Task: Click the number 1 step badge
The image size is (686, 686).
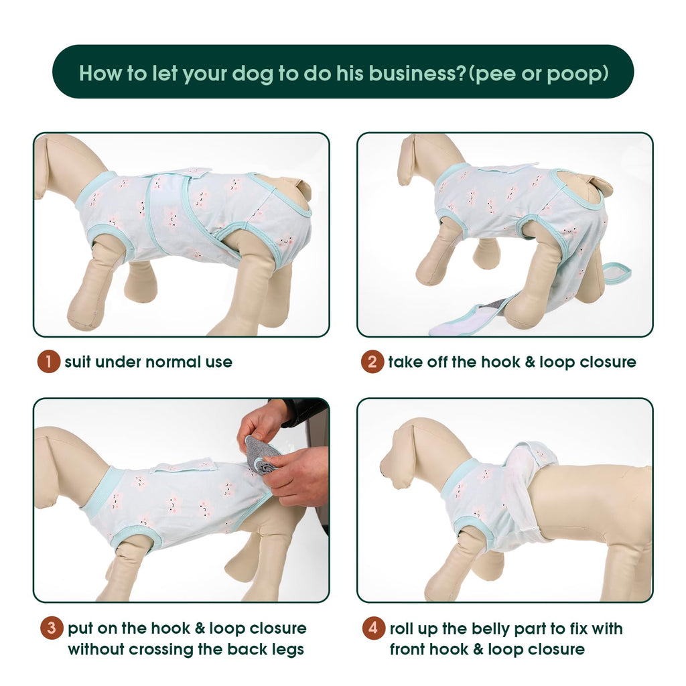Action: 48,362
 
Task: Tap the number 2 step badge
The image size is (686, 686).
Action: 372,362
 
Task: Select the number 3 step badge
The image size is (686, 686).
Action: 52,628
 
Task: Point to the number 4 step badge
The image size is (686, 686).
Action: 374,628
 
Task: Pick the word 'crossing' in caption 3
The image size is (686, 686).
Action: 161,650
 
